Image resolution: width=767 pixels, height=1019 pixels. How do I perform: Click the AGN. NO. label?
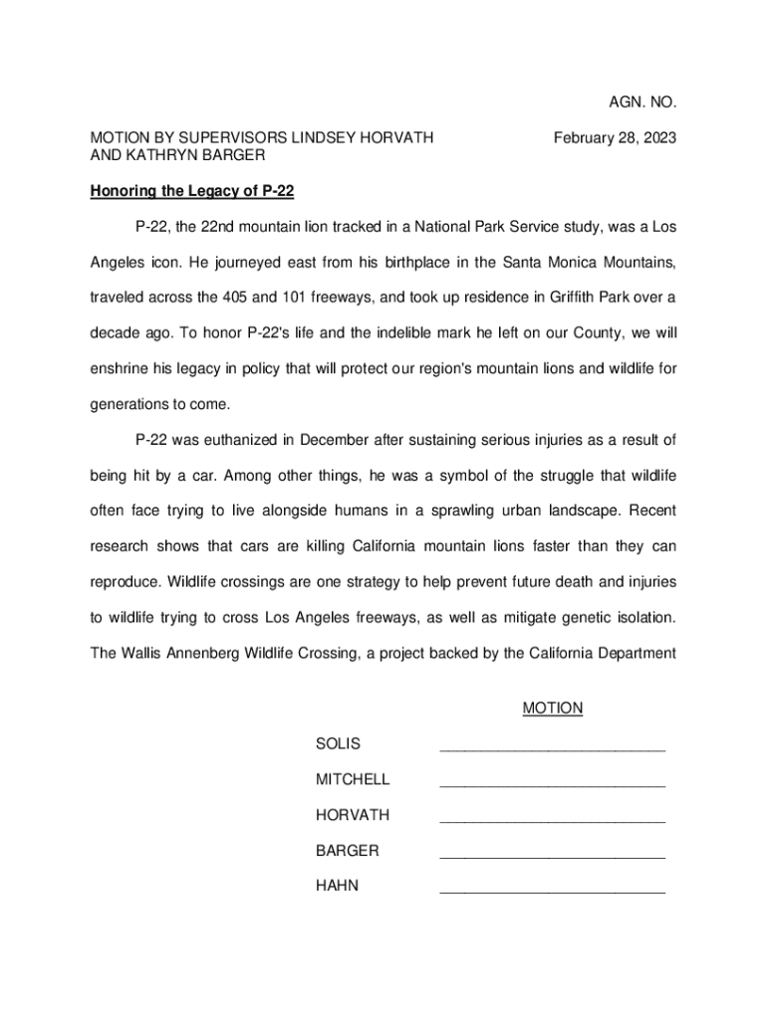[642, 102]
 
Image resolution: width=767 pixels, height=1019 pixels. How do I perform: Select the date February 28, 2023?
[615, 138]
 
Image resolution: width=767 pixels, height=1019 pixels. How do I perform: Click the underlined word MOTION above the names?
[552, 709]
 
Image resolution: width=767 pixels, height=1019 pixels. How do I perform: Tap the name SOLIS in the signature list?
[338, 744]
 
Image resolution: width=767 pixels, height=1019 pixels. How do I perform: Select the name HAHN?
[337, 886]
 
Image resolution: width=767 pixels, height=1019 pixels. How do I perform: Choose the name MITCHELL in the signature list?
[353, 779]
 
